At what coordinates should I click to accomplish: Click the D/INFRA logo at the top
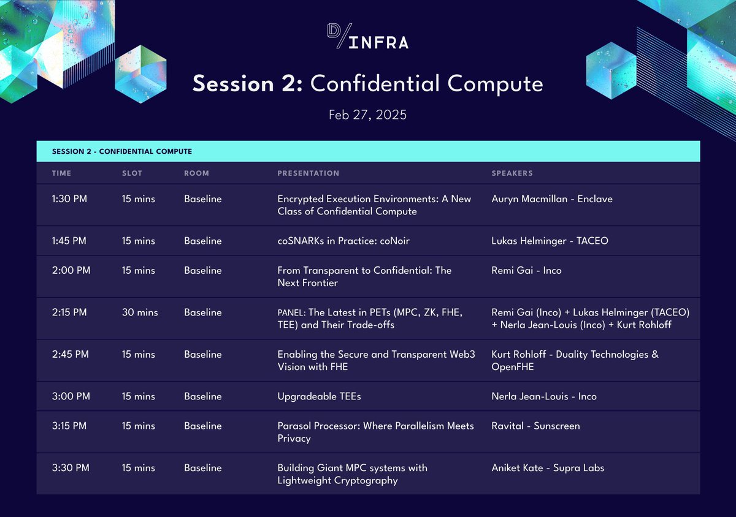367,36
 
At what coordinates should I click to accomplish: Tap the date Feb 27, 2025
367,115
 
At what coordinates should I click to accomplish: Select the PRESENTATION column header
308,173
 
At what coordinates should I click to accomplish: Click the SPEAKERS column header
512,173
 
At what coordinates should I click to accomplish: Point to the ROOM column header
196,173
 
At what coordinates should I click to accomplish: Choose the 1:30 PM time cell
69,199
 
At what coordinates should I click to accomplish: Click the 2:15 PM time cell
69,312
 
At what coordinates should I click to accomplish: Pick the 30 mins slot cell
140,312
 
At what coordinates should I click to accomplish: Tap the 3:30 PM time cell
71,468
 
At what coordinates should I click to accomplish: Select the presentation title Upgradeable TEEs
319,396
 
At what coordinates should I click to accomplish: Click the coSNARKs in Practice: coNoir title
343,241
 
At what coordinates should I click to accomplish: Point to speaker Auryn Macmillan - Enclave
552,199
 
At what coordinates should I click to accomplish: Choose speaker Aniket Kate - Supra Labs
548,468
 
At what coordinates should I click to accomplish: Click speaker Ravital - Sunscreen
535,426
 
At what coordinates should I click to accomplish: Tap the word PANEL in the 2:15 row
291,313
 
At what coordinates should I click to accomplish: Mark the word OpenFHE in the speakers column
513,367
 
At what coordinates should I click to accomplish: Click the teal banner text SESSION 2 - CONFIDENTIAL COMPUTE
122,152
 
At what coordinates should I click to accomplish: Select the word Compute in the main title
495,85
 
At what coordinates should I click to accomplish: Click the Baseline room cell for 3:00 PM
203,396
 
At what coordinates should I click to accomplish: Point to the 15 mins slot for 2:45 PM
139,355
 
